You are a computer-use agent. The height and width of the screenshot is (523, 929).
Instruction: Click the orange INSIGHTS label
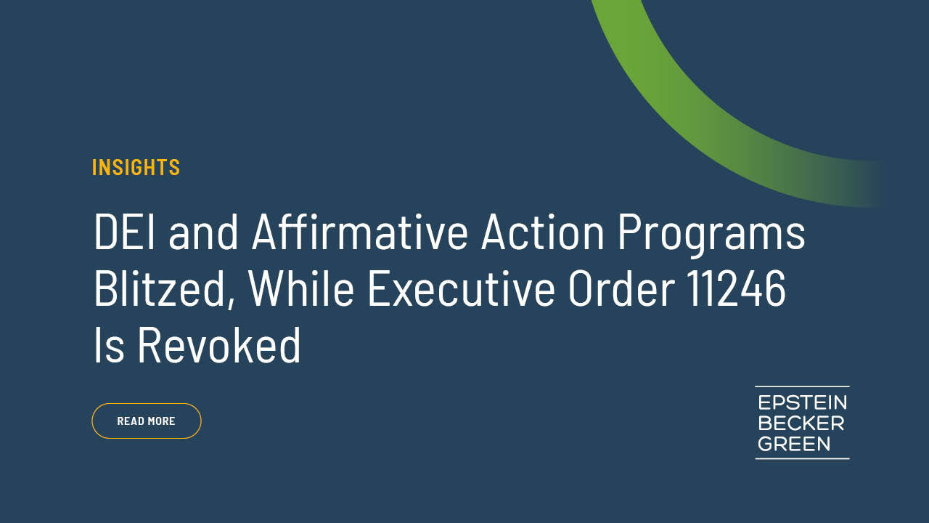(136, 167)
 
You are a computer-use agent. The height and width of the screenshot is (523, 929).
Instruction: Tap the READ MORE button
(147, 421)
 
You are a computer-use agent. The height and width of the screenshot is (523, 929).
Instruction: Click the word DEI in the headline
(125, 232)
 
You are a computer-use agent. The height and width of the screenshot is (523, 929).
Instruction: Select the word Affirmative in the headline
(360, 232)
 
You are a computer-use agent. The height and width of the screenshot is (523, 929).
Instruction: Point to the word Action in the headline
(543, 232)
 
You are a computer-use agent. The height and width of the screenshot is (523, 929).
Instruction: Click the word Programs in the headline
(712, 236)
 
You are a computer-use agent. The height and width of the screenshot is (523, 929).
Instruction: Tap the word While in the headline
(301, 288)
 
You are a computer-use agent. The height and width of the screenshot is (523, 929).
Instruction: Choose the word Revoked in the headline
(219, 345)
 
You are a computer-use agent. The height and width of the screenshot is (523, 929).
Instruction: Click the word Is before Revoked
(110, 345)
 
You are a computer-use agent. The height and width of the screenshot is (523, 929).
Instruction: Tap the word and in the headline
(203, 232)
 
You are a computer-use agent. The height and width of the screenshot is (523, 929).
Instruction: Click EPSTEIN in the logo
(803, 402)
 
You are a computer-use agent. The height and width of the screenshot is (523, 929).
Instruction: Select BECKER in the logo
(801, 423)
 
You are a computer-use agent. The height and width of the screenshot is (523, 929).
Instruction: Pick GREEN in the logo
(794, 444)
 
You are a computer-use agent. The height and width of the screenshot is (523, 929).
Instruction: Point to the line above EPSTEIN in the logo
(802, 386)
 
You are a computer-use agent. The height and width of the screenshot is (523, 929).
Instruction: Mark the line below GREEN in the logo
(802, 458)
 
